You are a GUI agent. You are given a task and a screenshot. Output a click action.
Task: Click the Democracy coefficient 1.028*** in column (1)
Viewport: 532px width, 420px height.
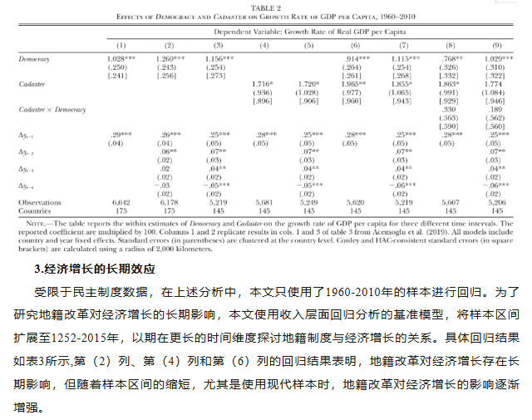tap(121, 60)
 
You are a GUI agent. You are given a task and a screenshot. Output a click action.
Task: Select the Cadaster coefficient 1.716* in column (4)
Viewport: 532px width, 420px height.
tap(264, 85)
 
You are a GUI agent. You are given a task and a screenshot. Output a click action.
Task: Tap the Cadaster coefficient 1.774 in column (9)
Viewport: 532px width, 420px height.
tap(496, 85)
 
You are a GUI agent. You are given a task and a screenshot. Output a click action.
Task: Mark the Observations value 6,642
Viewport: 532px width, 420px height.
tap(121, 201)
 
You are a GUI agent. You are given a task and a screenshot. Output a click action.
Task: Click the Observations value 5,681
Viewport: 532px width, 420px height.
tap(264, 201)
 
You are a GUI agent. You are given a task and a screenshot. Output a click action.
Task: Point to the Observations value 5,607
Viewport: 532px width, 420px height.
tap(450, 201)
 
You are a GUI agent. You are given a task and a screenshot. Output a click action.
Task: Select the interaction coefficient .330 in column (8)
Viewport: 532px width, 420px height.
tap(450, 109)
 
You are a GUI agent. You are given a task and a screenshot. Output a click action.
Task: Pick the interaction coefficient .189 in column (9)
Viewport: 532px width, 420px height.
tap(496, 109)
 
